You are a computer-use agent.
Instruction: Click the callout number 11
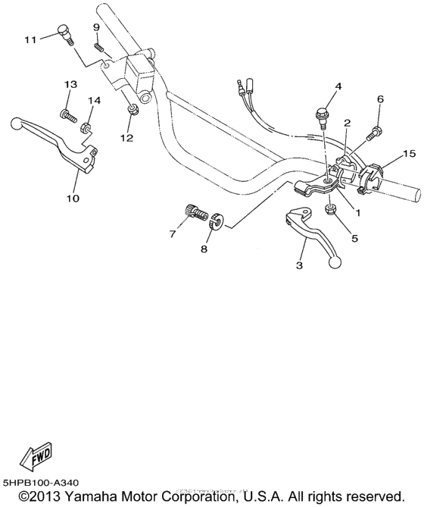[30, 39]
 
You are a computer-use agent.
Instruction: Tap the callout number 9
[97, 28]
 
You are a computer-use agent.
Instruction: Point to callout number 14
[94, 100]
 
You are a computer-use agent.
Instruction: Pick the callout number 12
[126, 138]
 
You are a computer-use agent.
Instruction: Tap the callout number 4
[338, 86]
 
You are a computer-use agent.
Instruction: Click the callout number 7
[173, 234]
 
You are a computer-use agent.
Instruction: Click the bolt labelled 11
[64, 34]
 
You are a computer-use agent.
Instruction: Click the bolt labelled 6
[373, 134]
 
